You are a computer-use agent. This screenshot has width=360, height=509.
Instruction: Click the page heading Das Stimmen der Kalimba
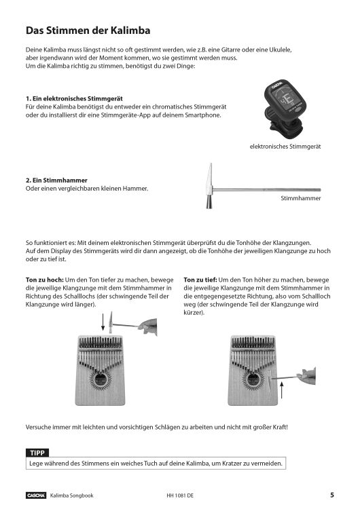coord(88,31)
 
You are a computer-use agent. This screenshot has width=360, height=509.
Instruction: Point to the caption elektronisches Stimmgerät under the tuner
coord(285,147)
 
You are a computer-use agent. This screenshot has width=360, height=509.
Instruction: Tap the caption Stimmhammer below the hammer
coord(300,200)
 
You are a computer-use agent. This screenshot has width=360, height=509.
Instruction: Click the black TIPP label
coord(37,453)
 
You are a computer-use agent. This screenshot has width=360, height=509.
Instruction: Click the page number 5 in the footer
coord(331,495)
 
